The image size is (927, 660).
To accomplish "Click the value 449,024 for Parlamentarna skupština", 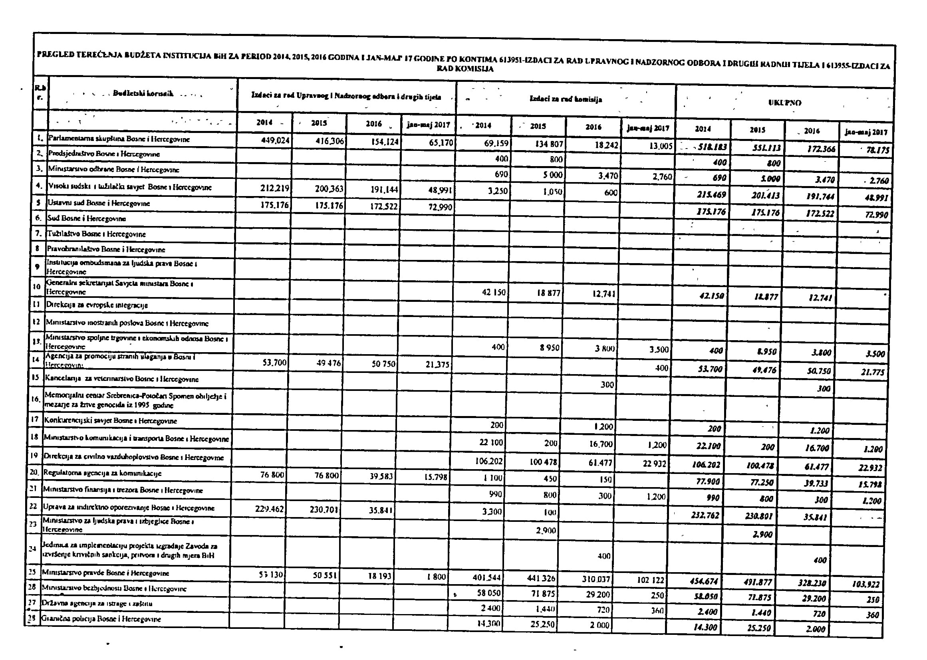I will click(x=275, y=141).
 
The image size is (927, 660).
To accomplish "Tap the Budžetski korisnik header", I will click(x=143, y=94).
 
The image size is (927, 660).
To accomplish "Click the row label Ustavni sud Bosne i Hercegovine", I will click(x=99, y=203).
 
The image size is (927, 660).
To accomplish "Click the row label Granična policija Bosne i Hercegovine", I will click(x=101, y=619).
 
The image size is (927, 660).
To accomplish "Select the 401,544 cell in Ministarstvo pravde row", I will click(x=487, y=577).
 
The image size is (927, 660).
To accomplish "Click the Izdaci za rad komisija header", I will click(x=566, y=99).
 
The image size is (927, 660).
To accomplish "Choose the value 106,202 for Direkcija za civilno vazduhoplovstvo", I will click(x=489, y=461).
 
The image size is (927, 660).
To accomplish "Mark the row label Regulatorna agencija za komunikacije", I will click(x=102, y=473).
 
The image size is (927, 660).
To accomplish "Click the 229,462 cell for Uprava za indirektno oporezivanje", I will click(x=269, y=508).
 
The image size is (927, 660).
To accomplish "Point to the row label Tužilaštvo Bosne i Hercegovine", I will click(x=97, y=234).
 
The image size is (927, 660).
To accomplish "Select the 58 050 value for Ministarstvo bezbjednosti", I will click(x=489, y=593).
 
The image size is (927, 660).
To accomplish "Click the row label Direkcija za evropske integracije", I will click(x=96, y=305).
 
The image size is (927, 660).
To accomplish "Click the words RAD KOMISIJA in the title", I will click(x=465, y=69).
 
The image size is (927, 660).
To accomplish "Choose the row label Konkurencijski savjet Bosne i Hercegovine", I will click(x=110, y=421).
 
